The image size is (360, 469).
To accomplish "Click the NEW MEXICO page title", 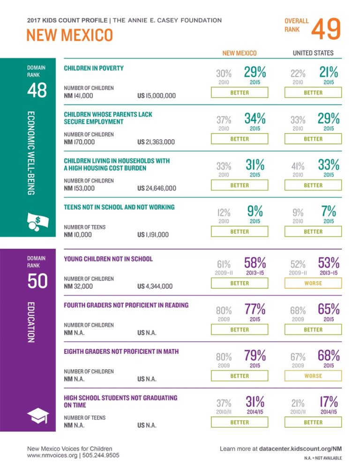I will coord(70,36).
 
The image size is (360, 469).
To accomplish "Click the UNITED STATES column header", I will coord(313,53).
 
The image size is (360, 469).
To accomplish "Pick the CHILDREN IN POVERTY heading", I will coord(94,68).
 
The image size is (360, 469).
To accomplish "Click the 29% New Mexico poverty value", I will coord(255,72).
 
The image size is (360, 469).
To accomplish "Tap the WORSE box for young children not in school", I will coord(313,283).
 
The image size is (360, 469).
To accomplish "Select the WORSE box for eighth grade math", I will coord(313,376).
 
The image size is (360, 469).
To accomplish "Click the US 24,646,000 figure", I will coord(157,188).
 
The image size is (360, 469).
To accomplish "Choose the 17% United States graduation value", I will coord(328,402).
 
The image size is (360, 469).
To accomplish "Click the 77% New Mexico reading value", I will coord(255,309).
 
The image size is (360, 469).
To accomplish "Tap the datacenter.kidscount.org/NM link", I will coord(296,449).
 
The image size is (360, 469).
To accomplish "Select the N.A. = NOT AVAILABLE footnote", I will coord(323,458).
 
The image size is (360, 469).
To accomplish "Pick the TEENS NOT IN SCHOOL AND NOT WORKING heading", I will coord(119,207).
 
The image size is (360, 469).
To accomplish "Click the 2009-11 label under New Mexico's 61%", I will coord(224,272).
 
